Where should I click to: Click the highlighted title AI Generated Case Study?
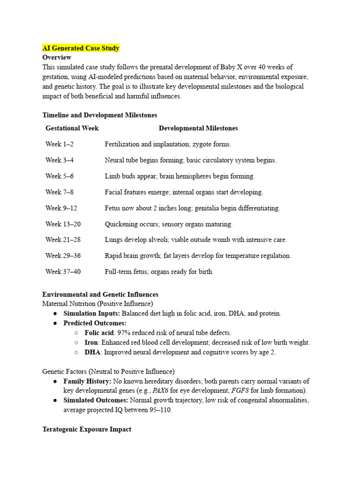pyautogui.click(x=81, y=48)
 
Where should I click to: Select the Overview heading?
pyautogui.click(x=57, y=57)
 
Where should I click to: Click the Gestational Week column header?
pyautogui.click(x=72, y=128)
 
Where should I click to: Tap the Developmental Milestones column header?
pyautogui.click(x=198, y=128)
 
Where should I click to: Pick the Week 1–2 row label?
pyautogui.click(x=60, y=144)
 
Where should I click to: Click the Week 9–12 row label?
pyautogui.click(x=61, y=208)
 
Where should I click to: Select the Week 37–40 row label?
pyautogui.click(x=63, y=271)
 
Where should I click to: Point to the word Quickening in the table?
pyautogui.click(x=121, y=224)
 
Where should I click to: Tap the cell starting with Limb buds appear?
pyautogui.click(x=180, y=176)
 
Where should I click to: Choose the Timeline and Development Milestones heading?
pyautogui.click(x=99, y=115)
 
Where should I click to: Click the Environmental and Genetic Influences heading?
pyautogui.click(x=100, y=294)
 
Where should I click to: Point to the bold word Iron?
pyautogui.click(x=92, y=343)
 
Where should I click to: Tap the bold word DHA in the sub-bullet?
pyautogui.click(x=93, y=352)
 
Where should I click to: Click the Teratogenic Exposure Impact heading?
pyautogui.click(x=87, y=429)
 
